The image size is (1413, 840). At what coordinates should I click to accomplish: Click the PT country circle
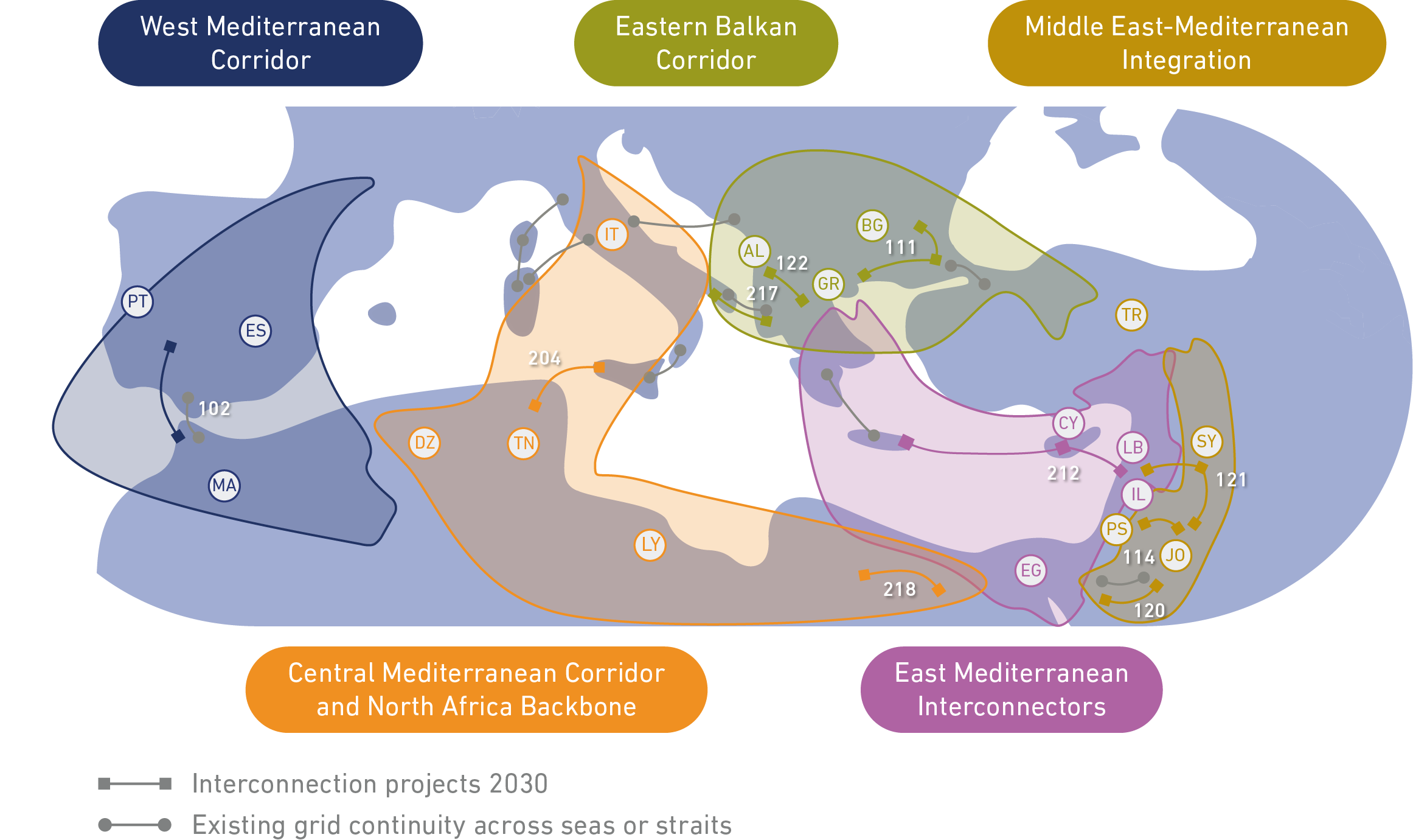[x=137, y=301]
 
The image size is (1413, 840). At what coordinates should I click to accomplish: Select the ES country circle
[x=255, y=331]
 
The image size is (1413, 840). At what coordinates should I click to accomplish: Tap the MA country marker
[x=224, y=486]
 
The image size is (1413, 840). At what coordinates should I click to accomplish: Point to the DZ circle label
[x=425, y=443]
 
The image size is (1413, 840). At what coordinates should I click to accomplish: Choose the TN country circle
[x=524, y=443]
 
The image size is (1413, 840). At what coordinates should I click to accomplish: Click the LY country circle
[x=650, y=545]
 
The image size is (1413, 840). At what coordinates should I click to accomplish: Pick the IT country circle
[x=612, y=234]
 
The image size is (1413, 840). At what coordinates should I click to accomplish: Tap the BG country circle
[x=872, y=225]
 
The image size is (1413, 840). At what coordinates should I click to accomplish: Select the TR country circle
[x=1131, y=315]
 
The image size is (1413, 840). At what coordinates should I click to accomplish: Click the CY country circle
[x=1068, y=423]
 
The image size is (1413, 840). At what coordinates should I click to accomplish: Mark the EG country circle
[x=1030, y=570]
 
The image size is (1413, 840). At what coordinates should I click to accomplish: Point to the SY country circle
[x=1206, y=441]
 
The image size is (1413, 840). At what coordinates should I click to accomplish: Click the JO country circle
[x=1175, y=555]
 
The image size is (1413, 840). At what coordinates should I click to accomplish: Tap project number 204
[x=544, y=358]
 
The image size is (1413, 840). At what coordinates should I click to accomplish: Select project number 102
[x=214, y=408]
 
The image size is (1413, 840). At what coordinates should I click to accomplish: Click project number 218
[x=899, y=589]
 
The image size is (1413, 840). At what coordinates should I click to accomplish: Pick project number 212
[x=1063, y=473]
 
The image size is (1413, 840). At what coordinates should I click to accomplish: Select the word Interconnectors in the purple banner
[x=1012, y=707]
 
